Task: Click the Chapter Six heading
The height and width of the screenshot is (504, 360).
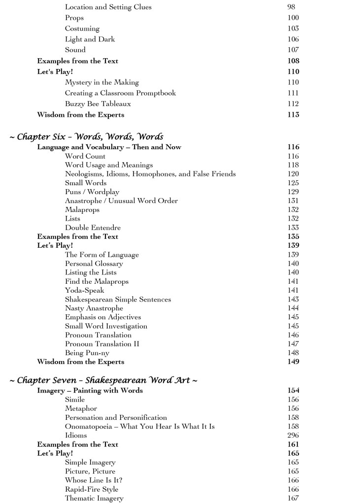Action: click(x=86, y=136)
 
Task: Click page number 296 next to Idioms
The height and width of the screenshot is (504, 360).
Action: click(x=293, y=436)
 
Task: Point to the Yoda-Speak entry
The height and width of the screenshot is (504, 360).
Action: click(x=85, y=290)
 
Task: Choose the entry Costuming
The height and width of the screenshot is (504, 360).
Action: click(x=82, y=29)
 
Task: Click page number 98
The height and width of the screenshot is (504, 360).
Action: click(x=291, y=7)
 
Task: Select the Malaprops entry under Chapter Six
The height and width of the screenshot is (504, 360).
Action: click(x=82, y=209)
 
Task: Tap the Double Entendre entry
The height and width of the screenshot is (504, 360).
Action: click(x=93, y=228)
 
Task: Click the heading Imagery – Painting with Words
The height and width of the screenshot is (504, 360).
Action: click(x=90, y=391)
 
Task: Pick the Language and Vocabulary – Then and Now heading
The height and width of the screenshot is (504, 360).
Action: click(x=109, y=147)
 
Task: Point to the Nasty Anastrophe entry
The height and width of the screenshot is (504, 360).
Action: click(x=94, y=308)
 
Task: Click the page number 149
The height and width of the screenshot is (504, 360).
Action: click(x=293, y=362)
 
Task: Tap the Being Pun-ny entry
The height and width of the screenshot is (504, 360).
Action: click(x=86, y=353)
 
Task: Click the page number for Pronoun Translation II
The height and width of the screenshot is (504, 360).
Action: click(x=293, y=344)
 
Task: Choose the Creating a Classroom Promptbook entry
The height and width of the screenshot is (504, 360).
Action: click(x=120, y=93)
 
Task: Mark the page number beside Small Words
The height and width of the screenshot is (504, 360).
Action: click(x=293, y=183)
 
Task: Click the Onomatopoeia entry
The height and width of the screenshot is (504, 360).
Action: click(x=140, y=426)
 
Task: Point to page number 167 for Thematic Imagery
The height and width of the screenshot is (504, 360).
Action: click(x=293, y=498)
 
